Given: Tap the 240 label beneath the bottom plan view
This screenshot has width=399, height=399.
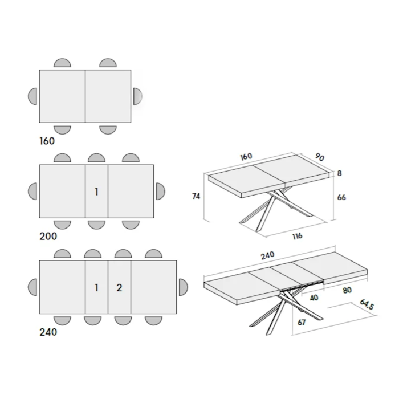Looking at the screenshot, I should tap(48, 332).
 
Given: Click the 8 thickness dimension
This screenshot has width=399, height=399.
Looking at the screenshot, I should tap(340, 174).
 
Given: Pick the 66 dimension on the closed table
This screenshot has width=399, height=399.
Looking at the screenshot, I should tap(341, 197).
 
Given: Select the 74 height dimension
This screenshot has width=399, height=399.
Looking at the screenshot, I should tap(196, 196).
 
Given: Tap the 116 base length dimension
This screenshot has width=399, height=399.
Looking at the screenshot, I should tap(296, 236).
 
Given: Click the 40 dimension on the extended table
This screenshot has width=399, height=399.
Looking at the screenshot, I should tap(314, 297).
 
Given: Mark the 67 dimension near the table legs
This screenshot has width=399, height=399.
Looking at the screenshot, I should tap(302, 322).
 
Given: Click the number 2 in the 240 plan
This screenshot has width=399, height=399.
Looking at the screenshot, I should tap(119, 287).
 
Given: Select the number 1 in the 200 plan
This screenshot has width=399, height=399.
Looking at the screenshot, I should tap(96, 192).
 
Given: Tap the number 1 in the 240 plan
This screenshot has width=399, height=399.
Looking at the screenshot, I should tap(96, 287).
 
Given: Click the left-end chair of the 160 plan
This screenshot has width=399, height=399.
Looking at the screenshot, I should tap(32, 96).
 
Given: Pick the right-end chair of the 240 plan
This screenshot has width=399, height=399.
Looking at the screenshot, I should tap(183, 287).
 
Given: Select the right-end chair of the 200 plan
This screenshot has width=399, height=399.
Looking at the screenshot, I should tap(160, 191).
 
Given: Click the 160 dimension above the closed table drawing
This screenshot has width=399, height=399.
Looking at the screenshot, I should tap(246, 157).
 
